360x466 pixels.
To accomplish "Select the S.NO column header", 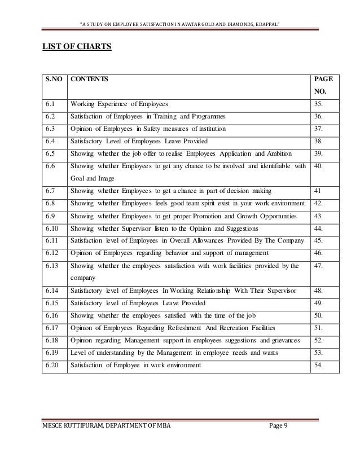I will [x=49, y=81].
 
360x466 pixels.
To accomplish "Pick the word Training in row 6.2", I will [x=171, y=116].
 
